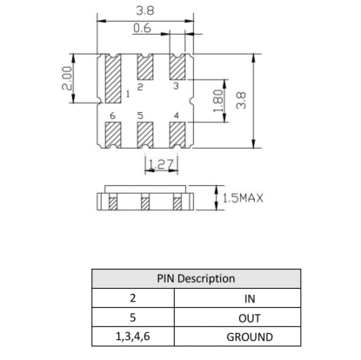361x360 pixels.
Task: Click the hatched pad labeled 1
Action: coord(113,78)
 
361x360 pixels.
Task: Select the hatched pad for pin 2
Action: coord(145,67)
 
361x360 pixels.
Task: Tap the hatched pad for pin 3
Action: coord(177,67)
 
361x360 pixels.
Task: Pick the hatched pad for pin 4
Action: coord(177,135)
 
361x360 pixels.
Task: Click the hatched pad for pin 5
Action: coord(145,135)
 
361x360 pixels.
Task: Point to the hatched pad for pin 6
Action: coord(113,135)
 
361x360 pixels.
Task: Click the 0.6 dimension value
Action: coord(142,28)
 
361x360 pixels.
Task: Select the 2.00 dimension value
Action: coord(67,78)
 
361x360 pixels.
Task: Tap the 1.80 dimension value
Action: coord(218,101)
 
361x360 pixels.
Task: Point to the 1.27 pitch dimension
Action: coord(161,164)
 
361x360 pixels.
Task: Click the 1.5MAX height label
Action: coord(243,198)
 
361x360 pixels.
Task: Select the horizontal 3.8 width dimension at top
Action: coord(145,11)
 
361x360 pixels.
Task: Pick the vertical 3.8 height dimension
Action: coord(241,101)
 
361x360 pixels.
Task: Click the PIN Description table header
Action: coord(196,278)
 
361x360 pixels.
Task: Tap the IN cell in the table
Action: coord(250,299)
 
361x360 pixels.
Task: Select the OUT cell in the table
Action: coord(250,318)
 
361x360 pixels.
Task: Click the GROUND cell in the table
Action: coord(250,337)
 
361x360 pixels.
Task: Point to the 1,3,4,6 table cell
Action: coord(133,337)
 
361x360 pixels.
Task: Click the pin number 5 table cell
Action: coord(133,317)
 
